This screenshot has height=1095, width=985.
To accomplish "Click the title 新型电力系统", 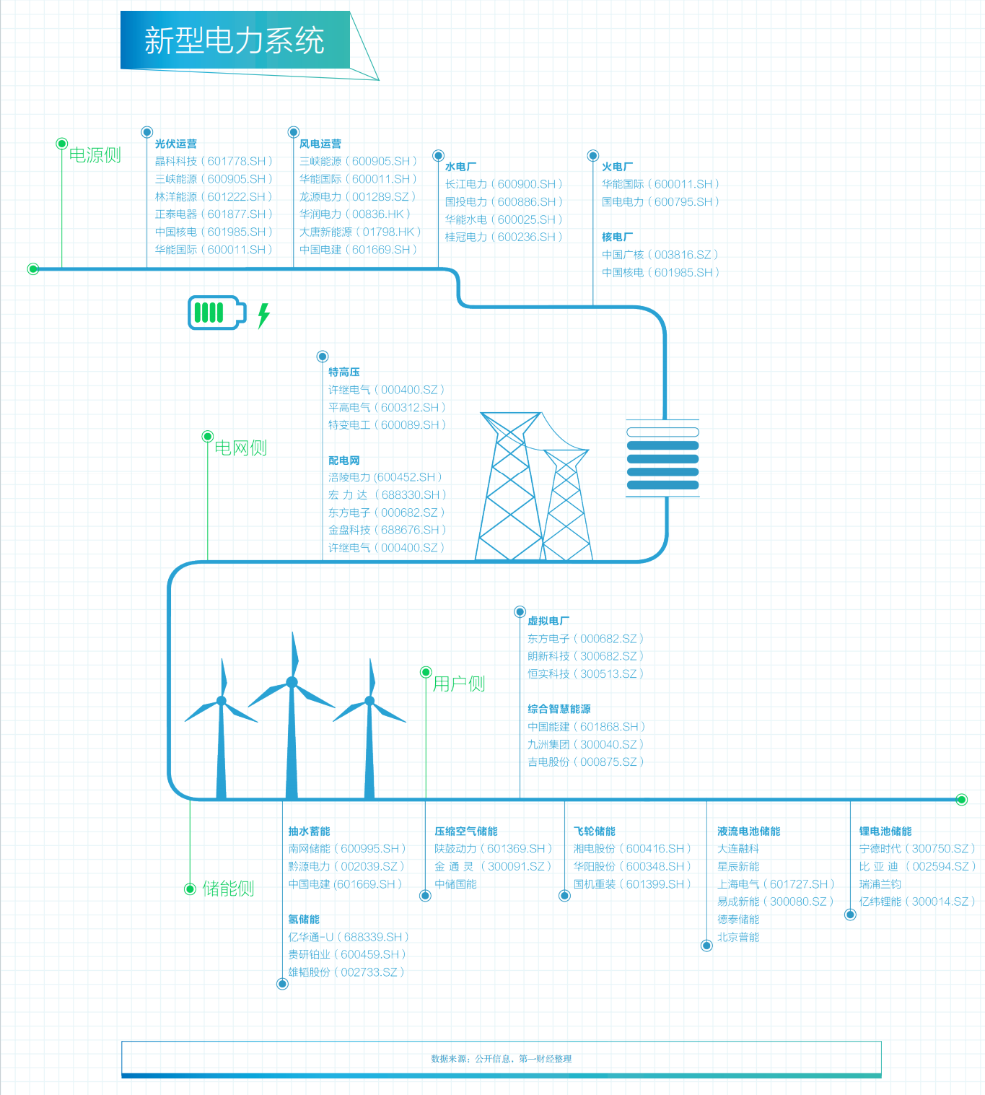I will pyautogui.click(x=235, y=40).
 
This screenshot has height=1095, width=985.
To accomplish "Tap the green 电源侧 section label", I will pyautogui.click(x=95, y=155).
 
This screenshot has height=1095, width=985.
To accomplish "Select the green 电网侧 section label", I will pyautogui.click(x=241, y=448).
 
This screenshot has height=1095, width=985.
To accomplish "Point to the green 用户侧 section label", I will pyautogui.click(x=459, y=684).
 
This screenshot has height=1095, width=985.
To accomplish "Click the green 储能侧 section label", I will pyautogui.click(x=228, y=889).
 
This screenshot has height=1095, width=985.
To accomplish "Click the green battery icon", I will pyautogui.click(x=216, y=313).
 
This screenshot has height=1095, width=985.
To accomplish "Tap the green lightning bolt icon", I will pyautogui.click(x=264, y=315).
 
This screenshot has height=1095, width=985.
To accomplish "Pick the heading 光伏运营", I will pyautogui.click(x=176, y=144).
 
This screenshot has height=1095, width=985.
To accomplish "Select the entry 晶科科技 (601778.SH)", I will pyautogui.click(x=214, y=161).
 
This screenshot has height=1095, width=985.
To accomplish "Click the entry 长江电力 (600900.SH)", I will pyautogui.click(x=504, y=184).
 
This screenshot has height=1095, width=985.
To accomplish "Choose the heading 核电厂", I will pyautogui.click(x=618, y=237).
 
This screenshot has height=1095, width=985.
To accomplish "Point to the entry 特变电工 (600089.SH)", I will pyautogui.click(x=387, y=425).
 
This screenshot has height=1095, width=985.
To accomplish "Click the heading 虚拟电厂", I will pyautogui.click(x=548, y=621).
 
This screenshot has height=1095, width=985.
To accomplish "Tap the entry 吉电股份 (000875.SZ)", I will pyautogui.click(x=585, y=762).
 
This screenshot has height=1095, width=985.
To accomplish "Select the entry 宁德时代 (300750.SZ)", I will pyautogui.click(x=917, y=849).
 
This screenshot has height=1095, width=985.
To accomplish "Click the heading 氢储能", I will pyautogui.click(x=304, y=919).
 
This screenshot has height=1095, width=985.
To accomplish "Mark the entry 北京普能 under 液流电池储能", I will pyautogui.click(x=738, y=937).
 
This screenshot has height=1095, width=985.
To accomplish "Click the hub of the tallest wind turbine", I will pyautogui.click(x=292, y=682).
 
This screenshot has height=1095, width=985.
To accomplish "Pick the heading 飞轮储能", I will pyautogui.click(x=595, y=831).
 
